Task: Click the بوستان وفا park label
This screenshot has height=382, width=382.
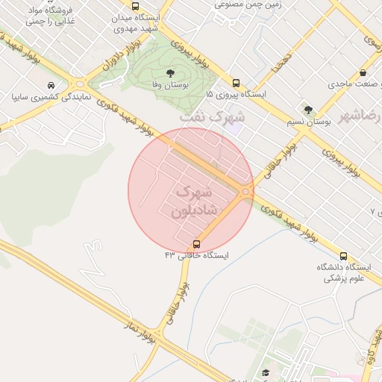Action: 169,86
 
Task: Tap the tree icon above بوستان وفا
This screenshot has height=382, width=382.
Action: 170,73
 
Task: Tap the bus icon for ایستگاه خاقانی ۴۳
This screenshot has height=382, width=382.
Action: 197,243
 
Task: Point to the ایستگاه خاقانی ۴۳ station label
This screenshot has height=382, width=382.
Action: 197,255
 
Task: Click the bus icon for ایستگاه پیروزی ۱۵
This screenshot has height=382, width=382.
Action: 236,83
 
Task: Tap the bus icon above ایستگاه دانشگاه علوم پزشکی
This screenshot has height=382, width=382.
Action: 343,255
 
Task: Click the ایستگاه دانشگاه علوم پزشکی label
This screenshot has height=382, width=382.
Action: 342,272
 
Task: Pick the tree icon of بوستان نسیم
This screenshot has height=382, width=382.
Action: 308,110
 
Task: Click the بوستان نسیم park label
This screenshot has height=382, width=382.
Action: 308,121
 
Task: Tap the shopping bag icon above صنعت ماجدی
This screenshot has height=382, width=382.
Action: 363,73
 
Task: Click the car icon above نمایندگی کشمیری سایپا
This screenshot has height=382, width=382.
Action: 50,86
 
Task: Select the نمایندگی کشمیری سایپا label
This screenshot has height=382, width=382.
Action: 51,97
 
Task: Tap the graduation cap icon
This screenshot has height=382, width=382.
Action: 265,372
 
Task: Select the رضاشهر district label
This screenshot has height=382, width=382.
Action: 359,117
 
